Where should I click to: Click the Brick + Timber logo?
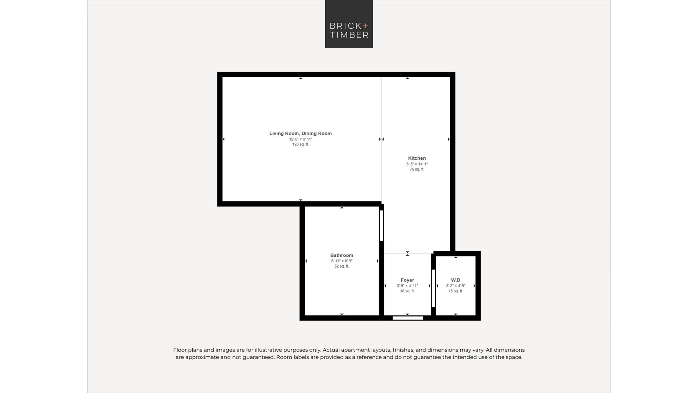pyautogui.click(x=349, y=24)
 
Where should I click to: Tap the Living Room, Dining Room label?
pyautogui.click(x=300, y=133)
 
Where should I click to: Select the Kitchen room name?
pyautogui.click(x=417, y=158)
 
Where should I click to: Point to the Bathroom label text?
pyautogui.click(x=342, y=255)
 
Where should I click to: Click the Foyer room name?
pyautogui.click(x=407, y=280)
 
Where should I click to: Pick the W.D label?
pyautogui.click(x=455, y=280)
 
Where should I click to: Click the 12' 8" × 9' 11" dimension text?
pyautogui.click(x=300, y=139)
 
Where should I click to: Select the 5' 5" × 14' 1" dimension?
pyautogui.click(x=417, y=164)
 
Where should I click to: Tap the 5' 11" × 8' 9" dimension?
pyautogui.click(x=342, y=261)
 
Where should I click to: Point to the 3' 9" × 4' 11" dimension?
pyautogui.click(x=407, y=286)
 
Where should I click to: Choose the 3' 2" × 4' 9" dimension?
pyautogui.click(x=455, y=286)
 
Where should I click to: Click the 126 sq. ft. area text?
pyautogui.click(x=300, y=144)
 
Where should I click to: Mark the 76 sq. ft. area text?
pyautogui.click(x=417, y=169)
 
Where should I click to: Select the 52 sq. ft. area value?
pyautogui.click(x=342, y=266)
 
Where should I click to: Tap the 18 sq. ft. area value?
pyautogui.click(x=407, y=291)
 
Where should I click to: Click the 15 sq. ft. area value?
pyautogui.click(x=455, y=291)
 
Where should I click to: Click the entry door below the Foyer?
pyautogui.click(x=408, y=318)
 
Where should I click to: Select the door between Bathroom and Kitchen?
pyautogui.click(x=381, y=226)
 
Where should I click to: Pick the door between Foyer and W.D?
pyautogui.click(x=433, y=288)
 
